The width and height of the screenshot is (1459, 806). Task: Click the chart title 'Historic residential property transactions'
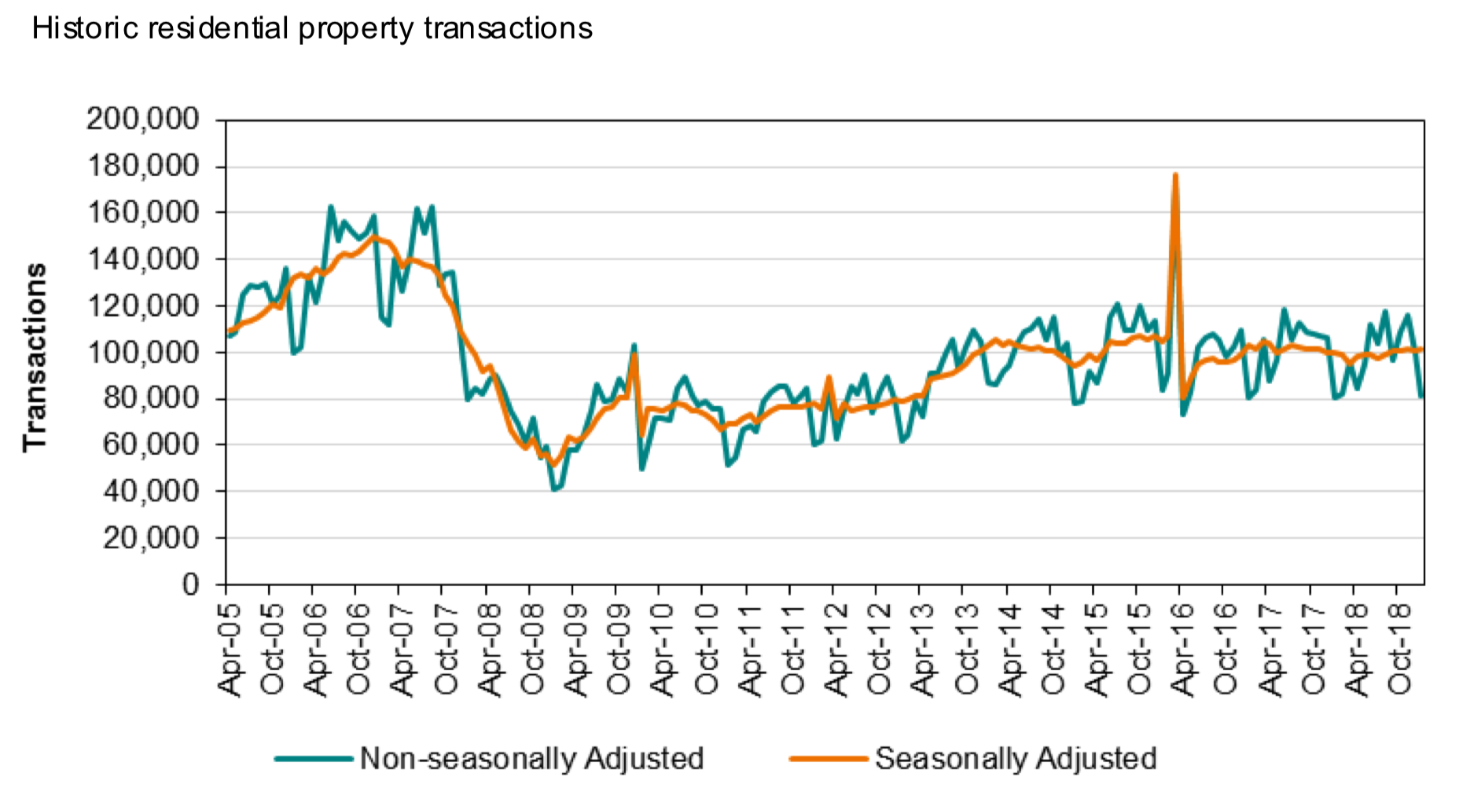pyautogui.click(x=312, y=29)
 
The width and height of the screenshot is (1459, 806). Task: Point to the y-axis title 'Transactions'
pyautogui.click(x=35, y=357)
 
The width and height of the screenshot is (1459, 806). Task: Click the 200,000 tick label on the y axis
pyautogui.click(x=143, y=120)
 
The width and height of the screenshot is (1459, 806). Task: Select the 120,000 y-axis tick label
pyautogui.click(x=143, y=306)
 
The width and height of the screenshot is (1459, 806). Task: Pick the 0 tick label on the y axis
pyautogui.click(x=191, y=584)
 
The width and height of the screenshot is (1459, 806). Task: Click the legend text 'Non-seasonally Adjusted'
pyautogui.click(x=531, y=759)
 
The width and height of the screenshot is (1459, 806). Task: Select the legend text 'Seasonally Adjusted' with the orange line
pyautogui.click(x=1016, y=759)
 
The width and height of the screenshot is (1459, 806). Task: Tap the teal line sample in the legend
pyautogui.click(x=314, y=759)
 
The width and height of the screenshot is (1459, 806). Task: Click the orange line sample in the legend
pyautogui.click(x=829, y=759)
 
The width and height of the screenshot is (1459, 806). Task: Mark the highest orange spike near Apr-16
pyautogui.click(x=1175, y=175)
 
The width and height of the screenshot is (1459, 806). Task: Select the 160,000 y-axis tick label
pyautogui.click(x=143, y=213)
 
